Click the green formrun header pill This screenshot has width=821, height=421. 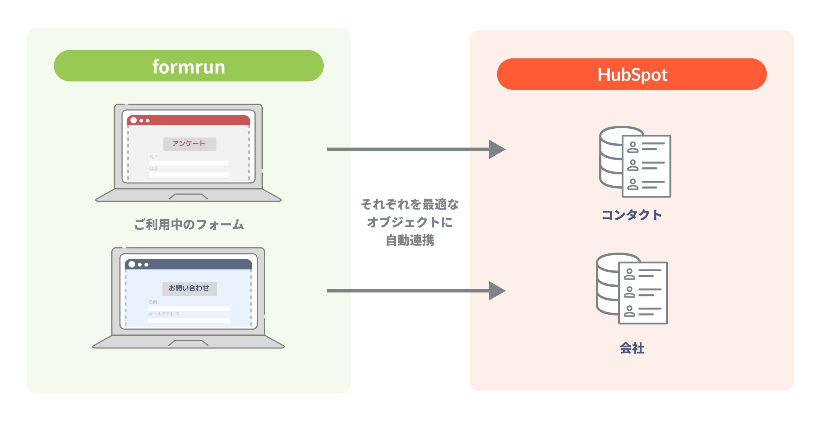pos(188,66)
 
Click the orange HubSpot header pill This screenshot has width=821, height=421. pos(632,74)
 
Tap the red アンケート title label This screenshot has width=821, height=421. pos(189,144)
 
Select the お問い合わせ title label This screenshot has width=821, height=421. pos(189,288)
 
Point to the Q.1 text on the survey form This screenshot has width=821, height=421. pos(154,157)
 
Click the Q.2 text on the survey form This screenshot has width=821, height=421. pos(153,168)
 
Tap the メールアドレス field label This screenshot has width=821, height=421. pos(163,314)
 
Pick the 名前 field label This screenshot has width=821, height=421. pos(153,302)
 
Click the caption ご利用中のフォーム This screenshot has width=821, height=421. pos(189,225)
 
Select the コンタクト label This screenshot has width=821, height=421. pos(632,215)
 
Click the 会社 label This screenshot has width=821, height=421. pos(632,348)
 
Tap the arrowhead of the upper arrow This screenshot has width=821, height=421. pos(497,149)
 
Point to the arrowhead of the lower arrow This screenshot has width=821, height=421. pos(497,291)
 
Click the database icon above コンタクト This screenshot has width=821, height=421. pos(635,162)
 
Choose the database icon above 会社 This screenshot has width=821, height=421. pos(632,289)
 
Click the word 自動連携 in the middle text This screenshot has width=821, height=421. pos(410,240)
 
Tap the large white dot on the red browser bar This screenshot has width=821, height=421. pos(134,120)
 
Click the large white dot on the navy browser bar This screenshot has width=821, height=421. pos(132,264)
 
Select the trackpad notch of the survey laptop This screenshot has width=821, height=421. pos(188,196)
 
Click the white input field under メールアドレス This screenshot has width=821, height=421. pos(188,320)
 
